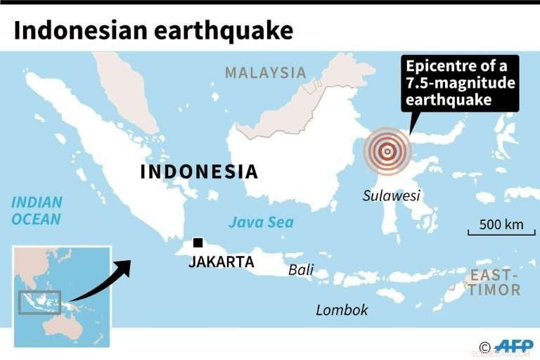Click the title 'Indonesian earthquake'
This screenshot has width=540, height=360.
click(x=153, y=30)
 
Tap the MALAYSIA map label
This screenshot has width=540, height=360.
click(x=266, y=72)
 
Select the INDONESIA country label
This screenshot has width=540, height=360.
click(x=200, y=172)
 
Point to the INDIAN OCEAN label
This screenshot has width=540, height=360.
click(x=37, y=210)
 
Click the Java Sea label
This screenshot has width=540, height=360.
click(x=261, y=223)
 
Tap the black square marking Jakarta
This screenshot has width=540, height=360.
click(x=198, y=243)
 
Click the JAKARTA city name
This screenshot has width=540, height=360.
click(x=221, y=262)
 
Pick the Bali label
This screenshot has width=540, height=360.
click(x=301, y=270)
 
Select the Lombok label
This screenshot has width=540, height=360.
click(x=342, y=309)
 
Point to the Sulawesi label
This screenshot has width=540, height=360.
click(x=391, y=195)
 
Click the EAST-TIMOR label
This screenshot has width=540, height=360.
click(x=495, y=282)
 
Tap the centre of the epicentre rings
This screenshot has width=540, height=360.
click(x=387, y=150)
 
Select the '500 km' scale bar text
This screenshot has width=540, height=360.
click(x=501, y=225)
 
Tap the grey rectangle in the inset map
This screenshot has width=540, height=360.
click(x=39, y=302)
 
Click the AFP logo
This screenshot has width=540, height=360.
click(x=513, y=345)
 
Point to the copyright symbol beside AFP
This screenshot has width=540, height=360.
click(x=484, y=346)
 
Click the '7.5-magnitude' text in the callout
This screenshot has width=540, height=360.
click(x=461, y=84)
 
